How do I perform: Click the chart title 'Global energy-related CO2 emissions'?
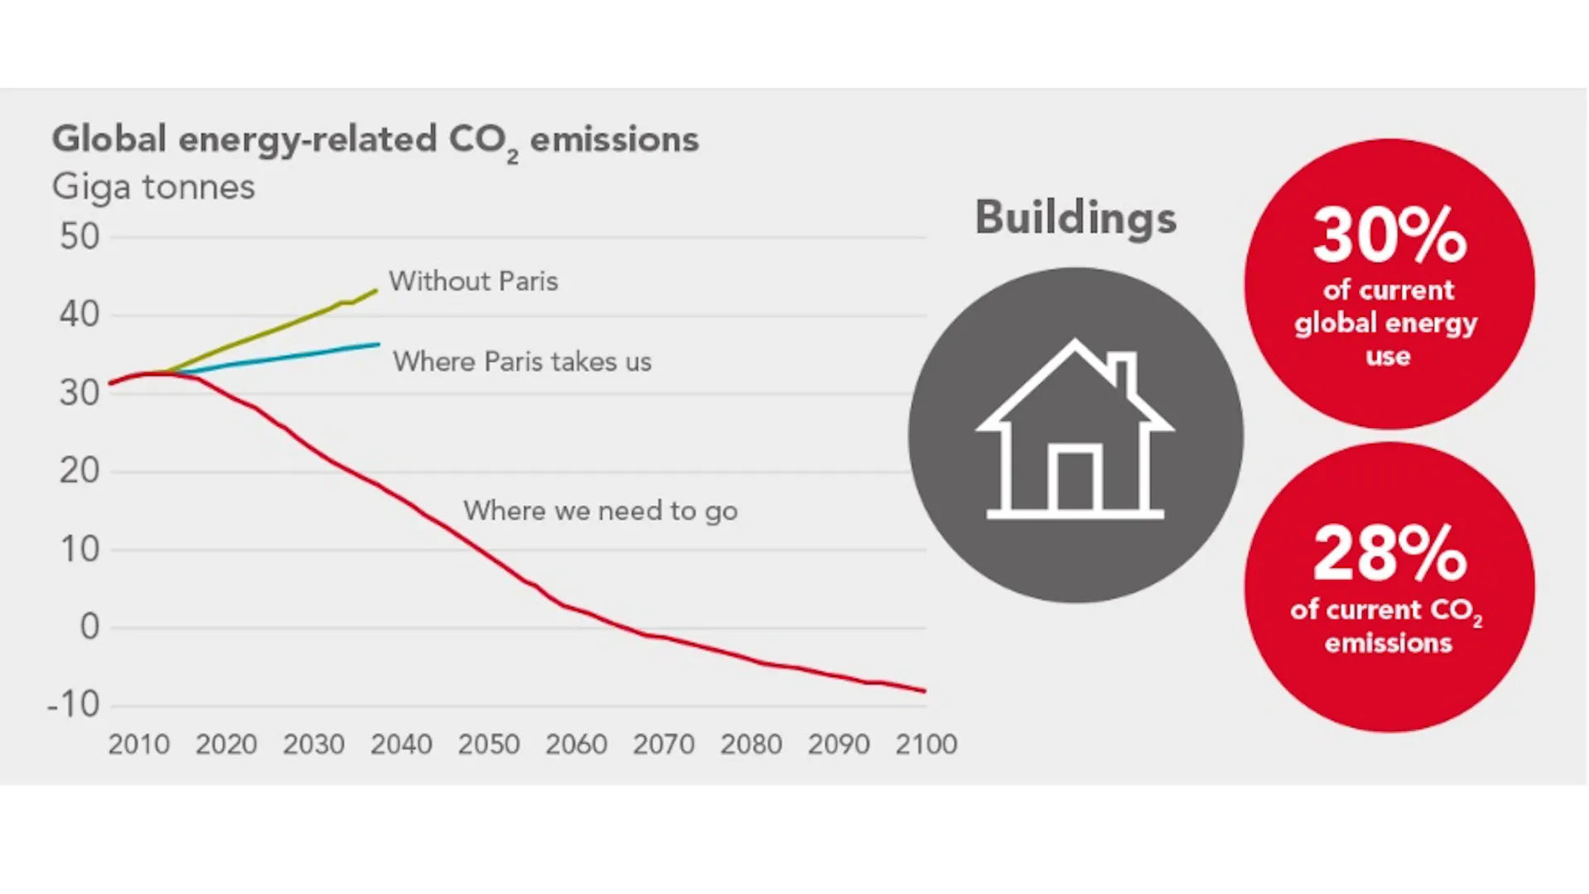(x=375, y=141)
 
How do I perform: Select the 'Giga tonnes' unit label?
(x=153, y=187)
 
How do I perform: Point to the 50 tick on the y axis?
(x=79, y=237)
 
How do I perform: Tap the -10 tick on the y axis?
(x=73, y=704)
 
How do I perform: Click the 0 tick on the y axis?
(x=89, y=627)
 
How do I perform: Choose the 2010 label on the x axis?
(x=138, y=744)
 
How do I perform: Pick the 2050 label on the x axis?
(x=489, y=744)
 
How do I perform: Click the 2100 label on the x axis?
(x=926, y=744)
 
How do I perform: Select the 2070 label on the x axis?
(x=663, y=744)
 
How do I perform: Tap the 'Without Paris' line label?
(x=474, y=281)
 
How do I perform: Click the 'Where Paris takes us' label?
(x=522, y=362)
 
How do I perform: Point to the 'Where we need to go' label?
(x=600, y=511)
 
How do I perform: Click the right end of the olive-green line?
(x=377, y=291)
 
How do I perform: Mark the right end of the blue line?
(x=379, y=344)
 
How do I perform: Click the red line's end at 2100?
(x=925, y=691)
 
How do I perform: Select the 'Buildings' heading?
(x=1076, y=219)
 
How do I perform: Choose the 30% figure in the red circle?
(x=1389, y=235)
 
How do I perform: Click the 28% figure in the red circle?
(x=1389, y=553)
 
